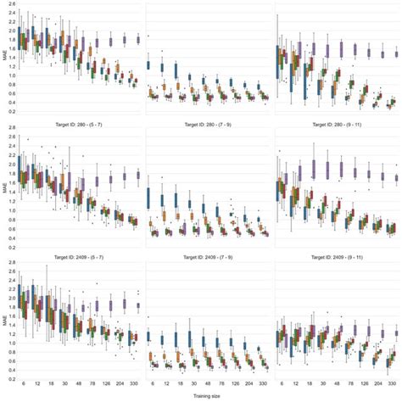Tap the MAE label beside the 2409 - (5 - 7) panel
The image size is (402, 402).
(x=4, y=323)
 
